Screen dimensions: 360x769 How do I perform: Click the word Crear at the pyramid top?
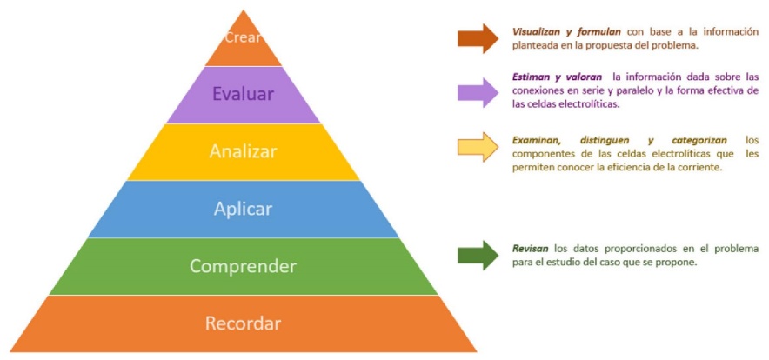(243, 37)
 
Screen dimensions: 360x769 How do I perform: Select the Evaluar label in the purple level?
(243, 94)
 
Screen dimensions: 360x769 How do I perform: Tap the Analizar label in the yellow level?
(243, 151)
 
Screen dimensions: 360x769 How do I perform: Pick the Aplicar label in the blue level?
(243, 209)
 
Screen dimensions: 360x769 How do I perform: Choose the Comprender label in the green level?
(243, 266)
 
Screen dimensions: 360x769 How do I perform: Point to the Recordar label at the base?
(243, 323)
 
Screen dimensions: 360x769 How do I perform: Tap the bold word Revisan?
(530, 248)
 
